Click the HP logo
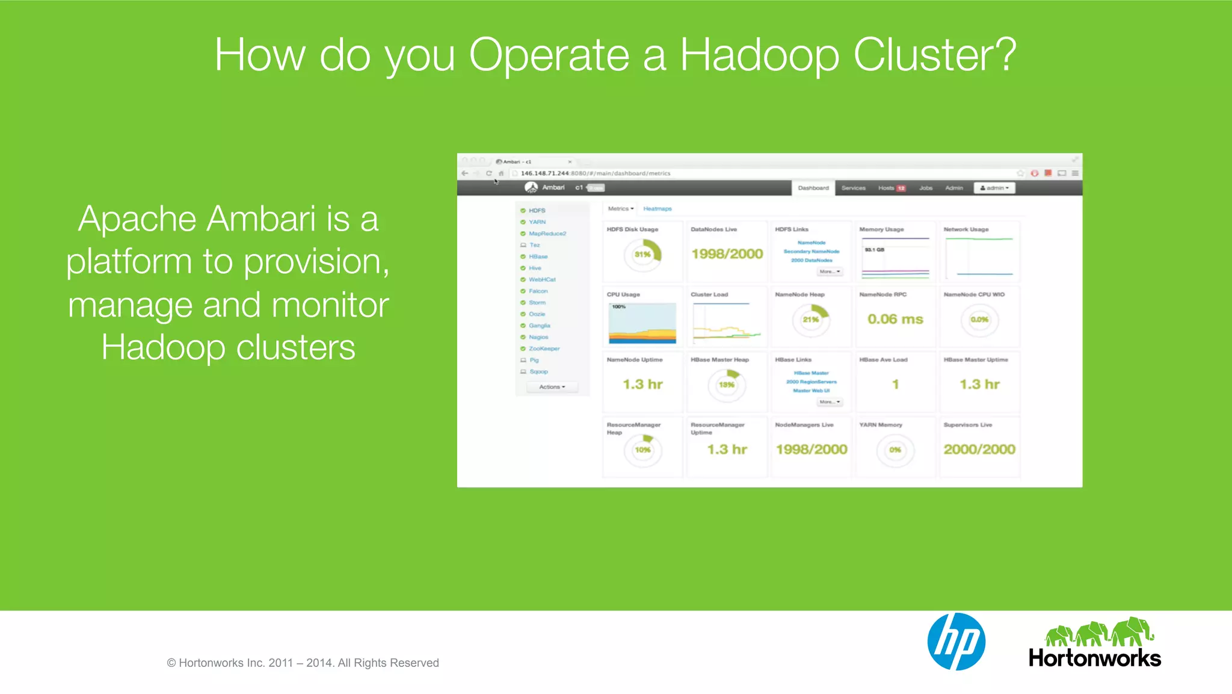[x=956, y=642]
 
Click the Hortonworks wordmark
[x=1094, y=658]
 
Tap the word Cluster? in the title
[x=935, y=55]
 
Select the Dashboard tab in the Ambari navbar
[x=813, y=188]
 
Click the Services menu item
[x=853, y=188]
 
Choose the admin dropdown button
[x=994, y=188]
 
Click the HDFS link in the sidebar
[x=537, y=211]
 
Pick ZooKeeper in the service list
[x=544, y=349]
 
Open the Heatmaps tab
[x=657, y=209]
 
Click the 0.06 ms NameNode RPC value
[x=895, y=319]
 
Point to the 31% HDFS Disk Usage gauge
[x=642, y=255]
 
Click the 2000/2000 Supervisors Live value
[x=979, y=449]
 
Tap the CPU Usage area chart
[x=642, y=323]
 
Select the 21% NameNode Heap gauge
[x=810, y=320]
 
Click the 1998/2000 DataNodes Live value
[x=727, y=254]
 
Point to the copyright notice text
[x=303, y=663]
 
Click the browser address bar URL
[x=595, y=173]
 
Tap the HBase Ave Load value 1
[x=895, y=384]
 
